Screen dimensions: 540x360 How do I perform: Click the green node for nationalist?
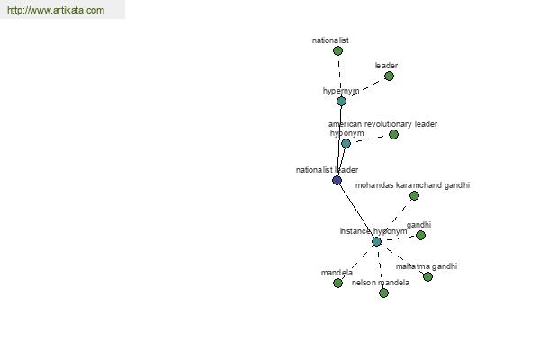coord(337,51)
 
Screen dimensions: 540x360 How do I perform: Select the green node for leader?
coord(389,76)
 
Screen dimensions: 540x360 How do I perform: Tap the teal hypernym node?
coord(341,102)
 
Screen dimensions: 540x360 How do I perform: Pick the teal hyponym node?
coord(346,144)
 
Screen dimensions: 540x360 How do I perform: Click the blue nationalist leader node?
coord(337,180)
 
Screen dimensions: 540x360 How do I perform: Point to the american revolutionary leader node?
coord(393,135)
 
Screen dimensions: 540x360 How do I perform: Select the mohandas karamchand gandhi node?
coord(414,196)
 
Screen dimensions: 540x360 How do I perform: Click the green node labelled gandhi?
coord(420,236)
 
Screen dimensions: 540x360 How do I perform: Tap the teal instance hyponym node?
coord(377,242)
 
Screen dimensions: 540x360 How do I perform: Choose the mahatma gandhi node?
coord(427,276)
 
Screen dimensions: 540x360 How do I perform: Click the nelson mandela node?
coord(383,292)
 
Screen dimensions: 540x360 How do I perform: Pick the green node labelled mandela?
coord(337,283)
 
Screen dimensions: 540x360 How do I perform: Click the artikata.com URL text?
coord(56,10)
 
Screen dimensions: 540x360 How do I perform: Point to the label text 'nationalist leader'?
coord(328,170)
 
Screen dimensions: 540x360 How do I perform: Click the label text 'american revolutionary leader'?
coord(383,124)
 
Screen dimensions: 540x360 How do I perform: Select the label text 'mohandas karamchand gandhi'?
coord(412,185)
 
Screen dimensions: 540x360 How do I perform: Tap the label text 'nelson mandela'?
coord(381,283)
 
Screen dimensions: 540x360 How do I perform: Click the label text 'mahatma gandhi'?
coord(427,266)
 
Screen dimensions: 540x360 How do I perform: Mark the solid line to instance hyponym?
coord(356,211)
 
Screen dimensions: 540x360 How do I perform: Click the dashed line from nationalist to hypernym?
coord(339,76)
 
